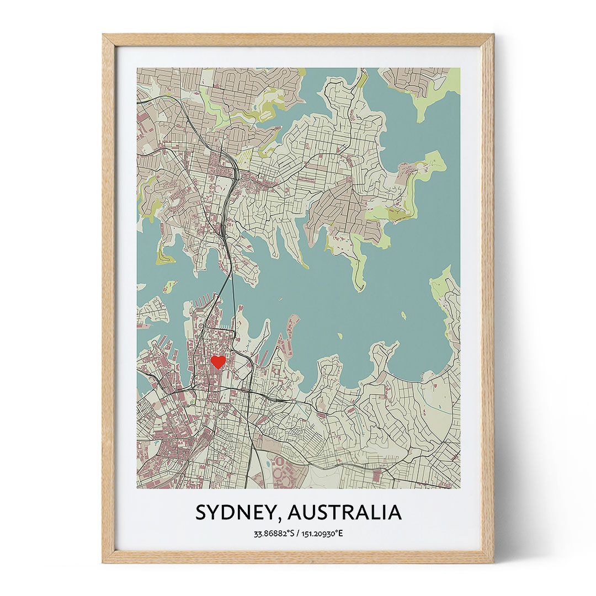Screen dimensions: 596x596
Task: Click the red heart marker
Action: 218,361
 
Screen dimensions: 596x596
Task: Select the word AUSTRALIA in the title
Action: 344,513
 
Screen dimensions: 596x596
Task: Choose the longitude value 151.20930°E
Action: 322,534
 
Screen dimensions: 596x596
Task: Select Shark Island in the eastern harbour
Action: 403,315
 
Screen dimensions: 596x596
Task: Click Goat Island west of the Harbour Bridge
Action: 169,286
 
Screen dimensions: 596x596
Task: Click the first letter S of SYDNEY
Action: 202,513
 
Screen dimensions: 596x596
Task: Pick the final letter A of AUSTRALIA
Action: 394,513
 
